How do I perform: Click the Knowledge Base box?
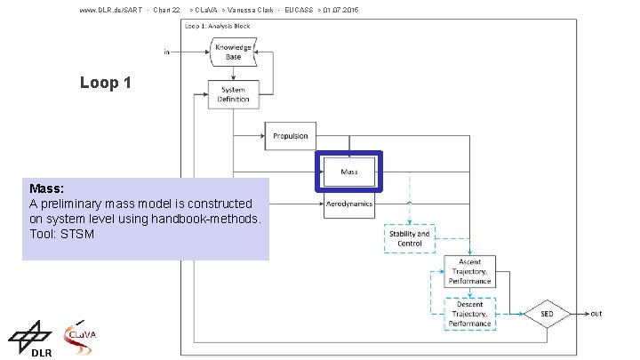(233, 52)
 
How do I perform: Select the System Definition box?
(233, 94)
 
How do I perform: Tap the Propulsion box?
(290, 136)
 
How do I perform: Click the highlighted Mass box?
(349, 171)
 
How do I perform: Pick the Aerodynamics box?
(349, 205)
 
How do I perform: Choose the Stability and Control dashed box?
(409, 238)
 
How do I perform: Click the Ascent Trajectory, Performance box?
(469, 271)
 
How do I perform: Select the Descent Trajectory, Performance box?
(469, 314)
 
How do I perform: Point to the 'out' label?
(596, 314)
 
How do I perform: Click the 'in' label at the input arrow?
(166, 52)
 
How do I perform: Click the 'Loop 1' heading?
(105, 83)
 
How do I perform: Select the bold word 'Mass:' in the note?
(47, 189)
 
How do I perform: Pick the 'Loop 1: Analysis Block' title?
(218, 26)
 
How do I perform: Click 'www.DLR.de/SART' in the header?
(112, 10)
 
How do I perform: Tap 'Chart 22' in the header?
(166, 10)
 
